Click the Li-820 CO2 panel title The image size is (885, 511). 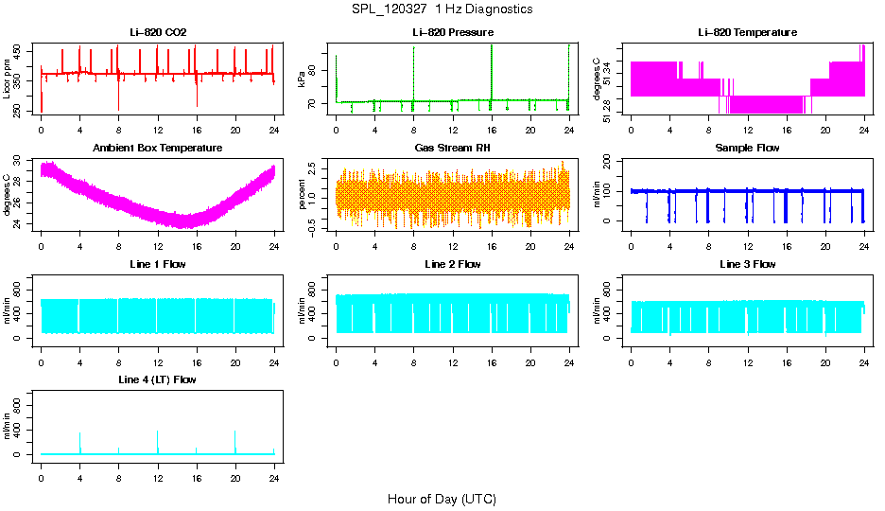tap(158, 33)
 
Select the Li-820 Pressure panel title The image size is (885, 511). tap(452, 33)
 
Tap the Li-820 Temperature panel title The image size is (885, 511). tap(747, 33)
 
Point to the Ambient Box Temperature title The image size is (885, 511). tap(158, 149)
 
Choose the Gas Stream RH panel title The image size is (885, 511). tap(452, 149)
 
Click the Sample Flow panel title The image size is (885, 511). tap(747, 149)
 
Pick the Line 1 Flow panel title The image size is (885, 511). tap(158, 264)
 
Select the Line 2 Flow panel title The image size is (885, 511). tap(452, 264)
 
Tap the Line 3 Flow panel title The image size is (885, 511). tap(747, 264)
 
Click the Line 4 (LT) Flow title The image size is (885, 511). tap(158, 379)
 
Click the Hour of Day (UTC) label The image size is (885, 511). tap(442, 499)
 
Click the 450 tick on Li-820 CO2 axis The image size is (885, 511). tap(21, 50)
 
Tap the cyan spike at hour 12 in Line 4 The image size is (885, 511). tap(158, 440)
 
